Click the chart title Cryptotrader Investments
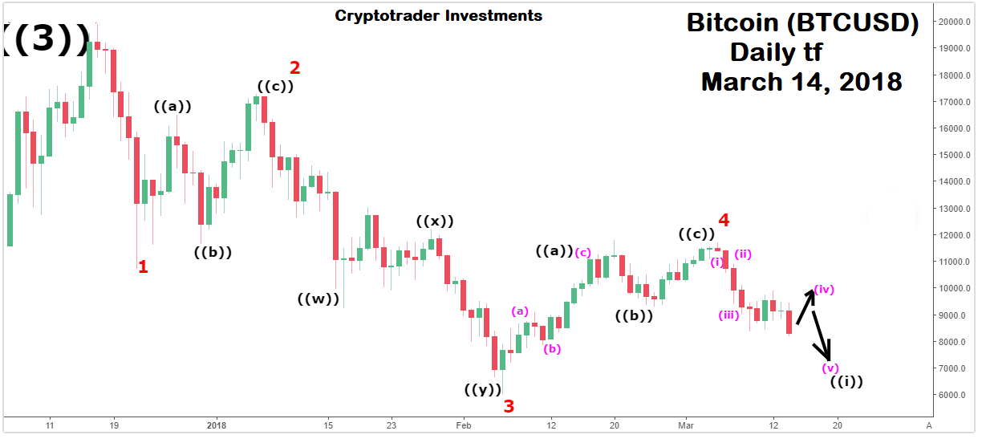tap(438, 15)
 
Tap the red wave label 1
tap(143, 266)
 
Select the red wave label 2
tap(294, 67)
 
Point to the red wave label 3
tap(509, 405)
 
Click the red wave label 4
tap(724, 219)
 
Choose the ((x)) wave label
tap(435, 221)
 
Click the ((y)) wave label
tap(484, 390)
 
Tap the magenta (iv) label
tap(824, 289)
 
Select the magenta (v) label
tap(830, 368)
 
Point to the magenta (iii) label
tap(728, 315)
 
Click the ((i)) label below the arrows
tap(846, 381)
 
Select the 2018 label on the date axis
tap(214, 425)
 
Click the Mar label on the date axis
tap(684, 425)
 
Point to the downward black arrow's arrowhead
tap(829, 358)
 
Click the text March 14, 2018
tap(801, 82)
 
